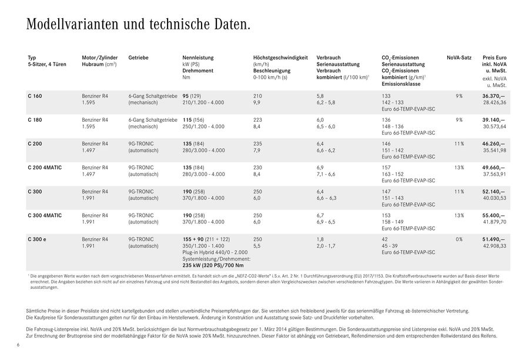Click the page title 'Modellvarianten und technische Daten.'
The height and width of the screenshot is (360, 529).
coord(138,25)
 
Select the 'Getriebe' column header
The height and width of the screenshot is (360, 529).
coord(138,58)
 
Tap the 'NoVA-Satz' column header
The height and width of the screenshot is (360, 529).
coord(459,58)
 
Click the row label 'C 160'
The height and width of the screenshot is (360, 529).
coord(35,95)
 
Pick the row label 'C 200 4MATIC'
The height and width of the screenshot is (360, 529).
coord(45,168)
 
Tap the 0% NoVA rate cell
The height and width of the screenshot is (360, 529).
coord(458,239)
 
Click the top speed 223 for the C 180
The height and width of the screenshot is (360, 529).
coord(257,119)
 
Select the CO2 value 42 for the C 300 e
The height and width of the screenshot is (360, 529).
coord(384,239)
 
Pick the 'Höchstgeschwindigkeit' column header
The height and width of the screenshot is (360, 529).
coord(280,58)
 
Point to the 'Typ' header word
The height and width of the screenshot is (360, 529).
coord(32,58)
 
